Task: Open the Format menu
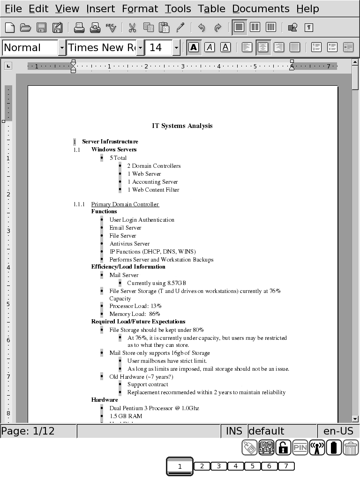point(140,8)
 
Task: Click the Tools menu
point(178,8)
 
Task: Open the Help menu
point(307,8)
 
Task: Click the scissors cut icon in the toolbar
point(132,28)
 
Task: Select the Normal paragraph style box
point(30,47)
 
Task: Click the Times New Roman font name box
point(101,47)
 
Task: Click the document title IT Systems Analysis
point(182,126)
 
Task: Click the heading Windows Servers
point(114,150)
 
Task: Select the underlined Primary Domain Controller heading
point(125,204)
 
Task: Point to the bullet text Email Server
point(125,228)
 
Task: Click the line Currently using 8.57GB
point(157,283)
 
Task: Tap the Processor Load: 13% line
point(132,306)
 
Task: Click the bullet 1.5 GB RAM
point(126,416)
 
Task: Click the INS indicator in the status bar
point(234,431)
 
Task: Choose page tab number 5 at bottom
point(252,466)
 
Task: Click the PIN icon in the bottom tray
point(300,448)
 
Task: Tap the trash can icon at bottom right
point(351,448)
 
